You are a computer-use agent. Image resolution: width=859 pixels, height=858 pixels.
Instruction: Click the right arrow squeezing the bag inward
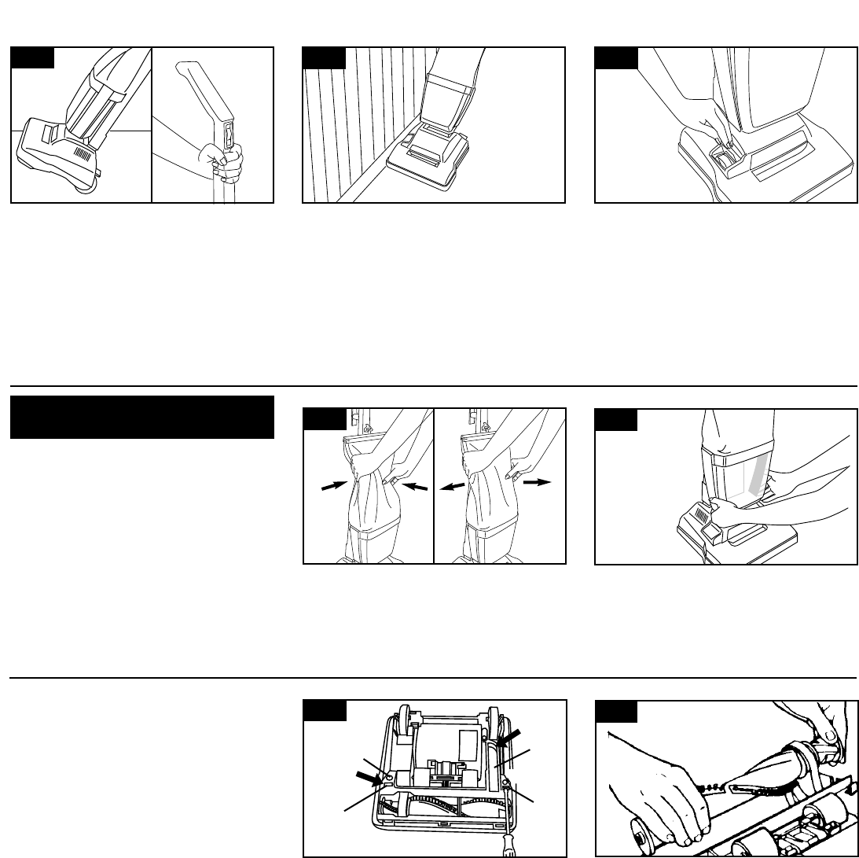click(417, 488)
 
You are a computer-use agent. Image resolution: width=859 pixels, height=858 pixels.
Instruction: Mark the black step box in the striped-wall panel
click(325, 57)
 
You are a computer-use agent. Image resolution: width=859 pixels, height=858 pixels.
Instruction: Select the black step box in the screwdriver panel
click(325, 710)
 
